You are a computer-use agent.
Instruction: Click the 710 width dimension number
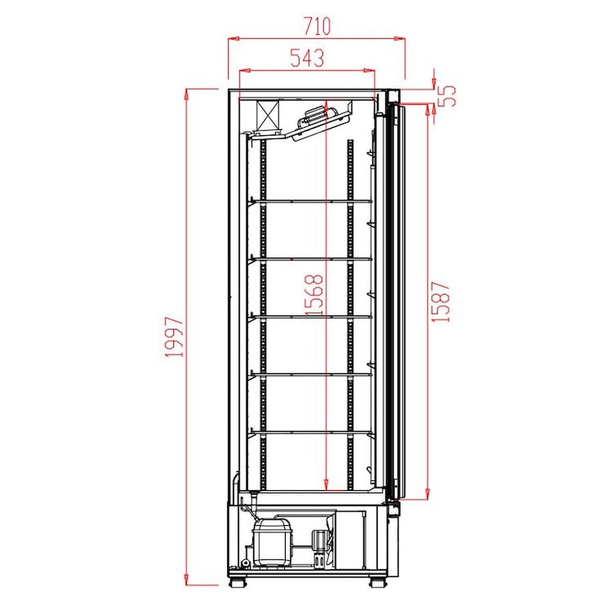pos(317,26)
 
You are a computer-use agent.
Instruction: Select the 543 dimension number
pos(307,58)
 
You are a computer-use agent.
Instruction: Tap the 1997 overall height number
pos(174,337)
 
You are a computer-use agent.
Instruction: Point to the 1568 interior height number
pos(314,295)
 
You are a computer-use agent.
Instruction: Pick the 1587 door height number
pos(441,302)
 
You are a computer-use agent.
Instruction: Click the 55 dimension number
pos(447,96)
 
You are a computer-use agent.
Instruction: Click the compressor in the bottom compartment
pos(271,541)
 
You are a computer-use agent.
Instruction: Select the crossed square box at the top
pos(268,116)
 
